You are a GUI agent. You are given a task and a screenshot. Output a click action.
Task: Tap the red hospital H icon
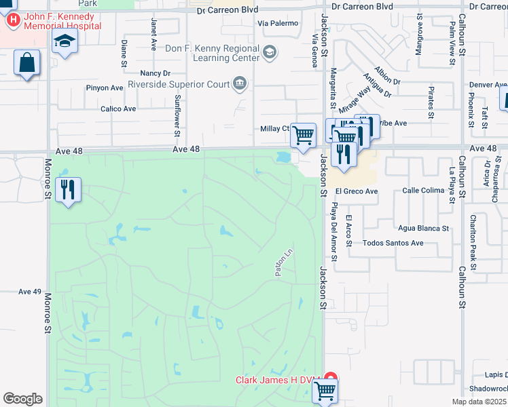click(12, 20)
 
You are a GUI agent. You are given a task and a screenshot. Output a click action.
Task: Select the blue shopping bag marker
click(27, 64)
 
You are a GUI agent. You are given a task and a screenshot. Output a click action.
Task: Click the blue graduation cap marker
click(65, 42)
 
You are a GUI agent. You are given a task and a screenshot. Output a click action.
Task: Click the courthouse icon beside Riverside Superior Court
click(240, 84)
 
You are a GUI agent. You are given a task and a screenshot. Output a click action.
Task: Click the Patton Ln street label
click(283, 262)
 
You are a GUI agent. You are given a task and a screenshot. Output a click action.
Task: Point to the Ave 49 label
click(30, 291)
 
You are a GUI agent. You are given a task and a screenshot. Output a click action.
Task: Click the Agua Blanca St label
click(424, 228)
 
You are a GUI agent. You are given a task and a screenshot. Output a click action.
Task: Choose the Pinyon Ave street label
click(104, 88)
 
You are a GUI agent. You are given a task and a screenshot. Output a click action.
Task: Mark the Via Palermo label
click(278, 23)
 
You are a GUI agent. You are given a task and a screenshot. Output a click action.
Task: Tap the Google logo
click(22, 399)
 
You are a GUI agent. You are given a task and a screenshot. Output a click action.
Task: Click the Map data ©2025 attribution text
click(477, 402)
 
